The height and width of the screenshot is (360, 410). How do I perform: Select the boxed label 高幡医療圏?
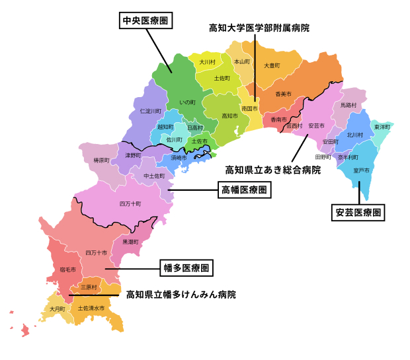click(x=244, y=190)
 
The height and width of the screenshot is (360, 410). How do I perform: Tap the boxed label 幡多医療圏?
click(x=186, y=268)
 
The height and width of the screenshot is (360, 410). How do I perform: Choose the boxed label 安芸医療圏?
click(x=358, y=213)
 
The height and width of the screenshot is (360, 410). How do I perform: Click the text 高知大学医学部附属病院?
click(x=259, y=28)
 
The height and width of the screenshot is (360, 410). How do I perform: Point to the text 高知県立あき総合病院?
click(x=273, y=170)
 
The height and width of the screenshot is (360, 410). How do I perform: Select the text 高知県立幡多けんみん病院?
click(x=181, y=294)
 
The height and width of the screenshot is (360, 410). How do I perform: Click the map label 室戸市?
click(x=361, y=170)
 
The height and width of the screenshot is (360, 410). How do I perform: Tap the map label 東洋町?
click(x=382, y=127)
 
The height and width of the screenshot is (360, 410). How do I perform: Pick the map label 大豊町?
click(x=272, y=65)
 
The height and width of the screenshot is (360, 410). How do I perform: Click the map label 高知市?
click(x=229, y=116)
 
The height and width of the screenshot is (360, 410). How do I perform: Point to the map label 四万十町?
click(x=130, y=203)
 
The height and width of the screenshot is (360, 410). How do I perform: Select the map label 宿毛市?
click(x=67, y=270)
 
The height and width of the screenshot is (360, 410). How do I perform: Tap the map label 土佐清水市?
click(x=91, y=308)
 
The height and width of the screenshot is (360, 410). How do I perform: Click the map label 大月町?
click(x=57, y=308)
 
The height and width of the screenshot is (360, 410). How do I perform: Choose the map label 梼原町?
click(x=101, y=161)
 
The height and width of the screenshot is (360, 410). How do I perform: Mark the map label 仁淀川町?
click(x=150, y=111)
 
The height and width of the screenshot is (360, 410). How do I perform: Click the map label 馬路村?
click(x=348, y=105)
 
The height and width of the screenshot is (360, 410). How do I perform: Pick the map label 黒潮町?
click(x=130, y=242)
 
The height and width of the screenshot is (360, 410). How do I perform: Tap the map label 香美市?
click(x=284, y=94)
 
